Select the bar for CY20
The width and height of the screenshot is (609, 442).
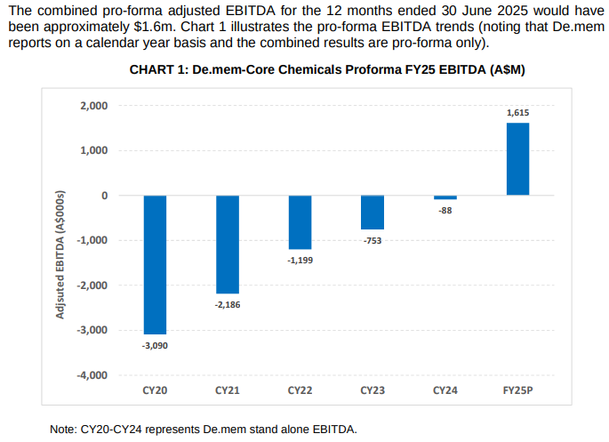pos(155,264)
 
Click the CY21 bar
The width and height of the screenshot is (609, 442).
pos(228,244)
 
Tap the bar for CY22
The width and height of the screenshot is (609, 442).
pos(300,222)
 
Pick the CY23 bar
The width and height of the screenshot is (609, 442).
pos(373,213)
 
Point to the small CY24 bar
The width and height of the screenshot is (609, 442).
pos(445,197)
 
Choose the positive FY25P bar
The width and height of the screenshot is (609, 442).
pos(518,159)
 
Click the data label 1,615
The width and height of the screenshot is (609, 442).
pos(518,113)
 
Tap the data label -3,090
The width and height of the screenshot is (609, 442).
pos(155,345)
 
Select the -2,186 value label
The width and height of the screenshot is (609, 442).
pos(228,305)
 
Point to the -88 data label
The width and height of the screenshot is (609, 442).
pos(445,210)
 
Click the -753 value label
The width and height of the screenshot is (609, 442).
pos(373,240)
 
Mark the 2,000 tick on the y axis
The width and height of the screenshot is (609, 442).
pos(93,106)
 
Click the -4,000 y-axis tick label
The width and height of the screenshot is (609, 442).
pos(92,374)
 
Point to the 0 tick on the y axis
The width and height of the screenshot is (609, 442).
pos(103,196)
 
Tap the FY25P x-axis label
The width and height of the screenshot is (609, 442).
pos(518,390)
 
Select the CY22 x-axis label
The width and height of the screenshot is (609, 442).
pos(300,390)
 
